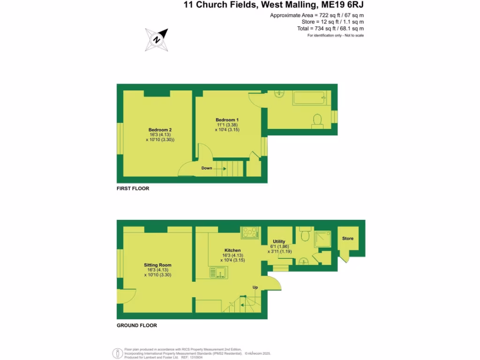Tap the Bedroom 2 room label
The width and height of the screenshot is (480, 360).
click(x=160, y=130)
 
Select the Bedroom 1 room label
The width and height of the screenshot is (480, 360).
click(x=227, y=120)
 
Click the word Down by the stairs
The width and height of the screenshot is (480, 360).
click(x=207, y=168)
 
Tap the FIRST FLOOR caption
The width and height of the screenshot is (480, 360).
click(x=133, y=188)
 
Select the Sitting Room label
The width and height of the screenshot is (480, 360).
click(x=157, y=265)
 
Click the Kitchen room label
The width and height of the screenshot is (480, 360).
click(x=232, y=250)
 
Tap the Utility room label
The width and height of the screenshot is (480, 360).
click(x=279, y=241)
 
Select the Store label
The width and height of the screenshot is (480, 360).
click(x=348, y=239)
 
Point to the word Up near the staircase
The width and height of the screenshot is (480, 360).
click(x=255, y=287)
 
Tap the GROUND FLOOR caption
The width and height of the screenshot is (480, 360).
click(x=137, y=325)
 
